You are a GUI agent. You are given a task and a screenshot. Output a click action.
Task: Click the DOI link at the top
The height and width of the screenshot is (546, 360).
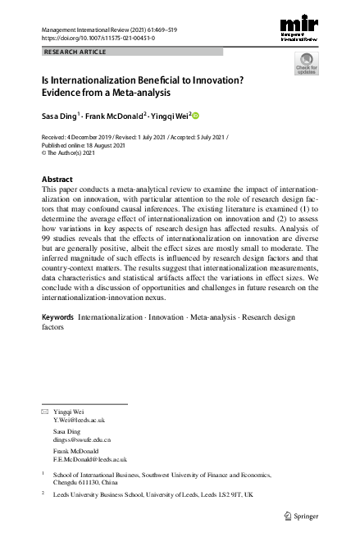[98, 38]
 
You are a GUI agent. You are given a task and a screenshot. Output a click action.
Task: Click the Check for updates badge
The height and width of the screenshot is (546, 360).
[307, 64]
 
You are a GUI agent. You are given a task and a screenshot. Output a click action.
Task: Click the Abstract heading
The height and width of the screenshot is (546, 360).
[57, 179]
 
